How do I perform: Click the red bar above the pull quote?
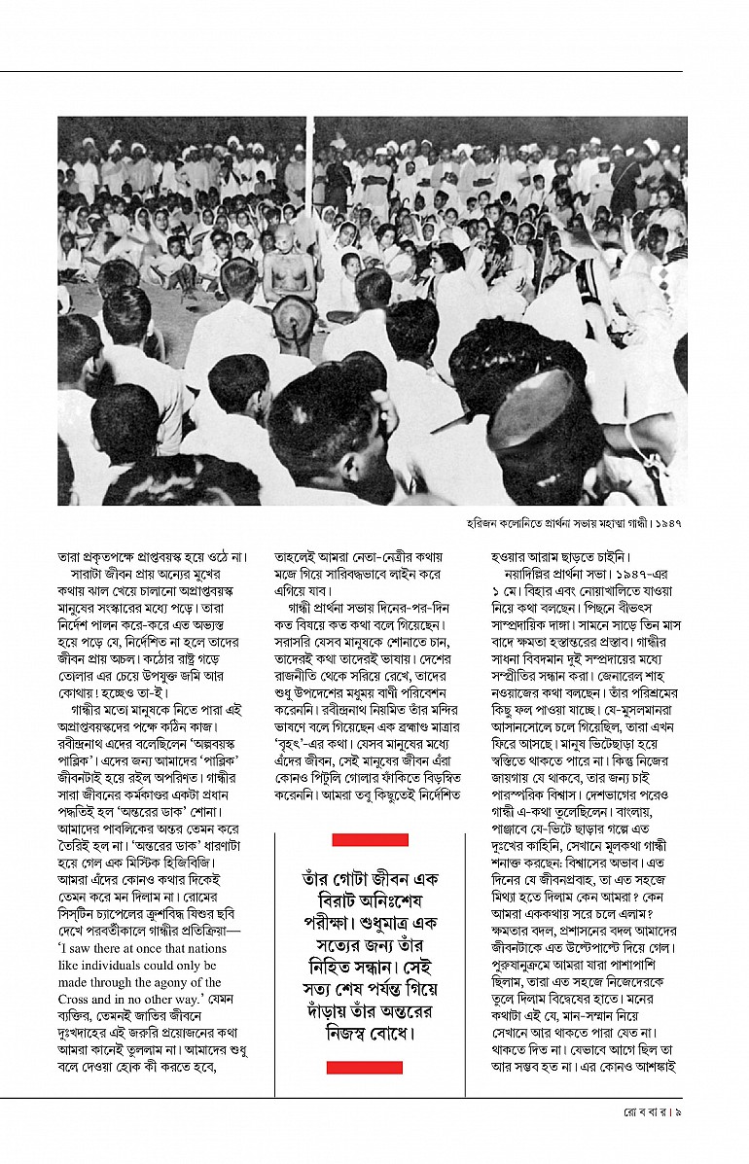coord(370,840)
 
